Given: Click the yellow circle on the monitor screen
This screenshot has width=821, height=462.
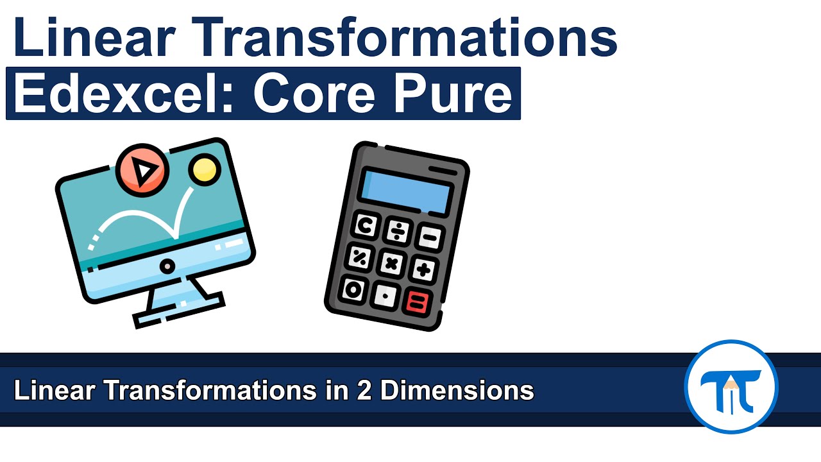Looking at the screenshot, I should [x=204, y=169].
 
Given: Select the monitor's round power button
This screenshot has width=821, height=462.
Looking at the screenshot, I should [x=167, y=266].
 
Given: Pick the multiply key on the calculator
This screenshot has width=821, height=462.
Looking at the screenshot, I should [x=392, y=263].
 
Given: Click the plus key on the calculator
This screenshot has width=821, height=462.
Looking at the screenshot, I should [x=423, y=269].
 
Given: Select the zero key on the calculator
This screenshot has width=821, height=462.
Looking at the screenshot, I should [x=353, y=289].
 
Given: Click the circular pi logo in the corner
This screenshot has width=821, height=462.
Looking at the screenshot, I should [x=731, y=387].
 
